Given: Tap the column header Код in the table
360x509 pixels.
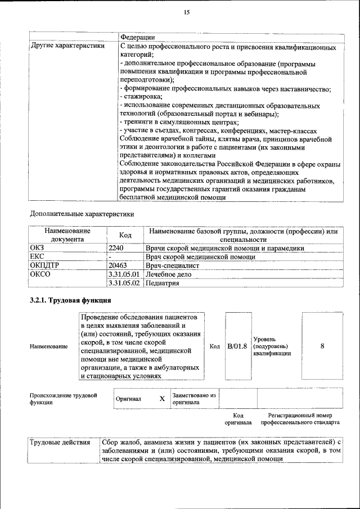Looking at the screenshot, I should coord(125,235).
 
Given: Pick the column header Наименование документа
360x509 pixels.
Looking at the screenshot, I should coord(67,235).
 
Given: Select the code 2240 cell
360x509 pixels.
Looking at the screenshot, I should coord(116,247).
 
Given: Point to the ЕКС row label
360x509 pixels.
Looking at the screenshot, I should coord(37,256).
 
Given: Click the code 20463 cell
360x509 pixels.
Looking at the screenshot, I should coord(118,265).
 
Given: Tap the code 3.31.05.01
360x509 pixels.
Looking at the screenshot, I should coord(124,274).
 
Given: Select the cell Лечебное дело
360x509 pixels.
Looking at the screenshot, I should coord(168,274).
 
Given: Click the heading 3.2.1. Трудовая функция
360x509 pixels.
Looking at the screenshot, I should coord(70,300).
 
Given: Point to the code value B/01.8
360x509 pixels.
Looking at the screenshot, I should coord(237,346).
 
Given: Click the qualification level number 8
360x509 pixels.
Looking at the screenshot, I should coord(322,346).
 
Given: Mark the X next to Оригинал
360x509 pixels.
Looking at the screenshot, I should coord(162,398).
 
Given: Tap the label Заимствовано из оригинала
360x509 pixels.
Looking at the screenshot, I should coord(194,399).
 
